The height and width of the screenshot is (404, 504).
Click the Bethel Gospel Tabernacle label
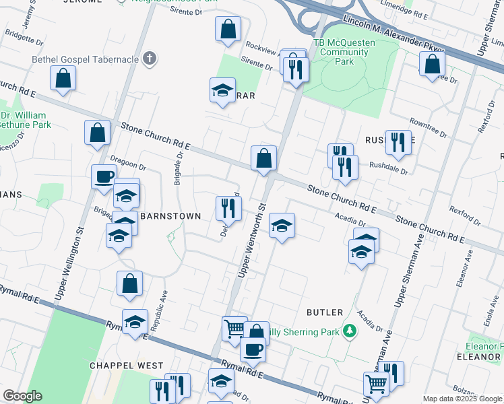click(x=85, y=59)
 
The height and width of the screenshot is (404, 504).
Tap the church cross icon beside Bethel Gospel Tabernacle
click(x=150, y=59)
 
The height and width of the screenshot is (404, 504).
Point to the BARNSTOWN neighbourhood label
click(x=170, y=216)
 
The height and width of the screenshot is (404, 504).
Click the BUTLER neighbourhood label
click(x=325, y=312)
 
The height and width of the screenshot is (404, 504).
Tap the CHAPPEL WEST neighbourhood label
click(x=127, y=365)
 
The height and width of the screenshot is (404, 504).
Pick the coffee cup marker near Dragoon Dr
click(x=104, y=176)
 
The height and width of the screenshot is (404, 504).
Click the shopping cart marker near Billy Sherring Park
click(x=234, y=329)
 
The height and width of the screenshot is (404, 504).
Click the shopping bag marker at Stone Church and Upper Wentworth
click(x=264, y=158)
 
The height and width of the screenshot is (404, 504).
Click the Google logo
click(x=23, y=396)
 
